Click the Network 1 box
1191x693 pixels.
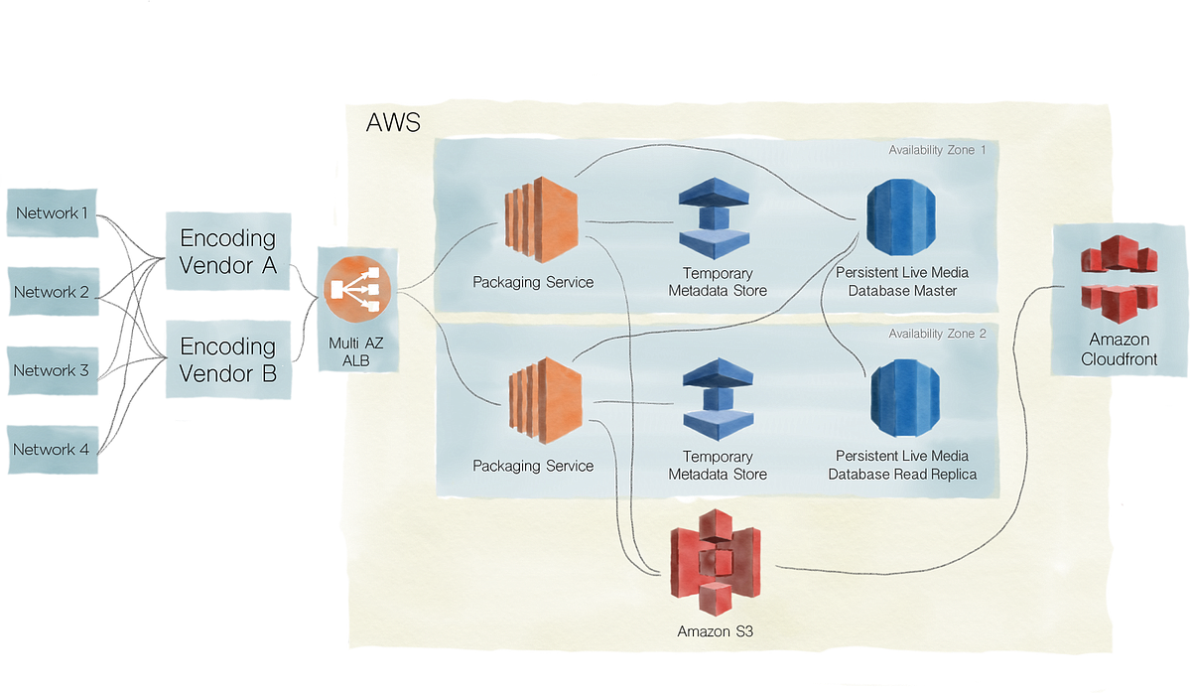52,212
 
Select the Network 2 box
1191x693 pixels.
52,292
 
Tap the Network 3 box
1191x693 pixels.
52,370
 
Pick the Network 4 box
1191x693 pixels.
52,450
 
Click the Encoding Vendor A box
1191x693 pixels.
227,251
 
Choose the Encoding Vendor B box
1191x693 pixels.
227,359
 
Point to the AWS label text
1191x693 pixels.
393,124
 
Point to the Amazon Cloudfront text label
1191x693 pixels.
1119,348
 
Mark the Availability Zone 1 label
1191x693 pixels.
937,150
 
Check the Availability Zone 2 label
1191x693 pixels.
937,334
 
